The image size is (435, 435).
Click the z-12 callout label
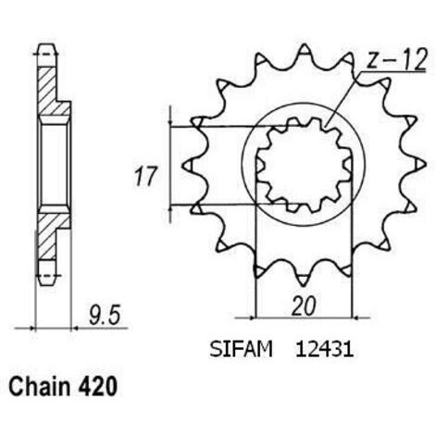pyautogui.click(x=397, y=59)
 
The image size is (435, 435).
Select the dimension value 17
pyautogui.click(x=144, y=177)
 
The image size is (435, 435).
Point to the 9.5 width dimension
pyautogui.click(x=104, y=316)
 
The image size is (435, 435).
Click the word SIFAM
pyautogui.click(x=241, y=350)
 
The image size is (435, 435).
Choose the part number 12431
pyautogui.click(x=324, y=350)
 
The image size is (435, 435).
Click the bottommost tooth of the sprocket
pyautogui.click(x=304, y=280)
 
